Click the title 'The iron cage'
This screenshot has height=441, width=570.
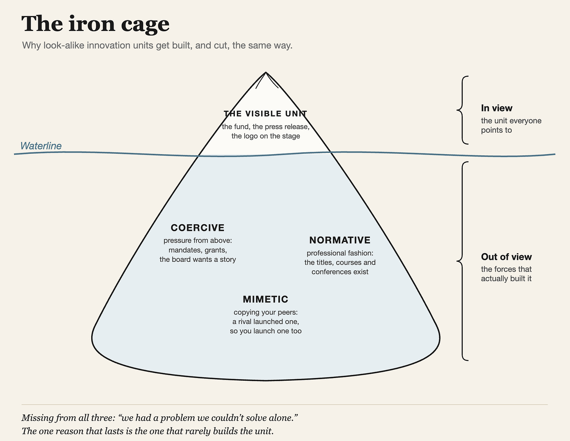click(95, 24)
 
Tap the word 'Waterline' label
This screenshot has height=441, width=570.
click(41, 146)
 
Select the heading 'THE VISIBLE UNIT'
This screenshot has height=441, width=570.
click(265, 113)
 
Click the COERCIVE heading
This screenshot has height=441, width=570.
click(198, 228)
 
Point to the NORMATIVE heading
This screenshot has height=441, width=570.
click(340, 240)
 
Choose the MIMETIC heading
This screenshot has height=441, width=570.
click(265, 299)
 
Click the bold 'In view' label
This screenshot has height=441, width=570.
click(496, 108)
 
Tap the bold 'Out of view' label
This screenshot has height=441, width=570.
click(506, 257)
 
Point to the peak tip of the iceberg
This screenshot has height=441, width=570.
click(266, 72)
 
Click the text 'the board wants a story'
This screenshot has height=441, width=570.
click(198, 259)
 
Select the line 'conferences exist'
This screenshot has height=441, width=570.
click(340, 272)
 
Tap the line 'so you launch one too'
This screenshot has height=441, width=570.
click(265, 331)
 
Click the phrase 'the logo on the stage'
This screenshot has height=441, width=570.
click(265, 136)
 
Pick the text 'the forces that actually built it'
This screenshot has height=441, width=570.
click(506, 274)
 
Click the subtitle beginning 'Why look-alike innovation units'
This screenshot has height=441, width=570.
click(157, 45)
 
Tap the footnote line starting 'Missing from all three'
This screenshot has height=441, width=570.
click(160, 418)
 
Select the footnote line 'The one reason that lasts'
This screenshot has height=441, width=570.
click(148, 431)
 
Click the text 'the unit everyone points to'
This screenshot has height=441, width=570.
click(511, 125)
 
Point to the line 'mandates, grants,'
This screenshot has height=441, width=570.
click(198, 250)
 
